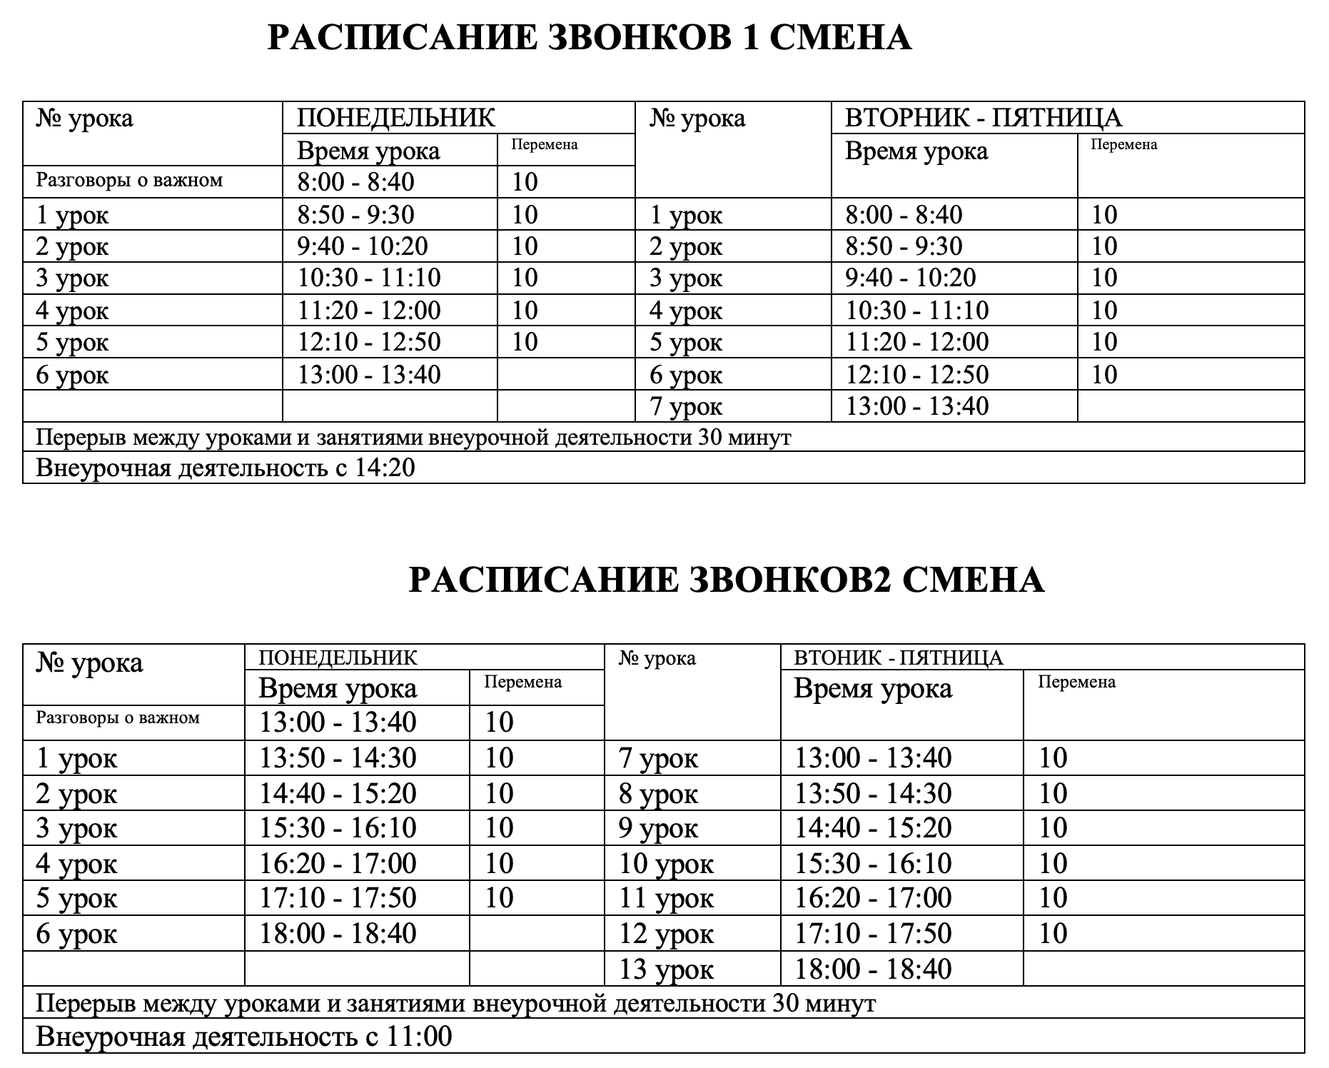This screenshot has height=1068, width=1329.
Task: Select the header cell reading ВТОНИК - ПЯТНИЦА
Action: (899, 658)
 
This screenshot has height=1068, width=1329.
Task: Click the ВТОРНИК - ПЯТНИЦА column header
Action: (983, 118)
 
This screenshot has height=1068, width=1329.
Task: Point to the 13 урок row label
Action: (666, 969)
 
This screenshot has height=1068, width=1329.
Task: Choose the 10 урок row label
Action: (666, 864)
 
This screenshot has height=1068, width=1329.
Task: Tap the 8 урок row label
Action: (658, 794)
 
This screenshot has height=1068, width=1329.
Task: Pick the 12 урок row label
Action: (666, 934)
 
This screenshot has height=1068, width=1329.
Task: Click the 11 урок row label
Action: (666, 898)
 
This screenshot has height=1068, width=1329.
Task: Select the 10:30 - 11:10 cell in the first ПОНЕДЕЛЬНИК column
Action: (369, 278)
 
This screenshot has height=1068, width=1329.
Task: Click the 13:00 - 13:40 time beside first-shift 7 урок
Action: (917, 406)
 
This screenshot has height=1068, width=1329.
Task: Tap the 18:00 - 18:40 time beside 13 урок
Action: (873, 969)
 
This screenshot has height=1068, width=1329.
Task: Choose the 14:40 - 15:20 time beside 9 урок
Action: (873, 828)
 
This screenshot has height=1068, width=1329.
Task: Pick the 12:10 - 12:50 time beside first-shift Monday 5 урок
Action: (369, 342)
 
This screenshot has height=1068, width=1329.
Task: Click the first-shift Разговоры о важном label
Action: (130, 181)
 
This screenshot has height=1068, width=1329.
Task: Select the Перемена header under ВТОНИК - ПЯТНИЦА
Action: (1076, 682)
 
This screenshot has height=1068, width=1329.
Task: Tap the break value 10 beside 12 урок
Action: (1053, 934)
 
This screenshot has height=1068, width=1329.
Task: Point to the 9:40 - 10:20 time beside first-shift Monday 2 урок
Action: (363, 246)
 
